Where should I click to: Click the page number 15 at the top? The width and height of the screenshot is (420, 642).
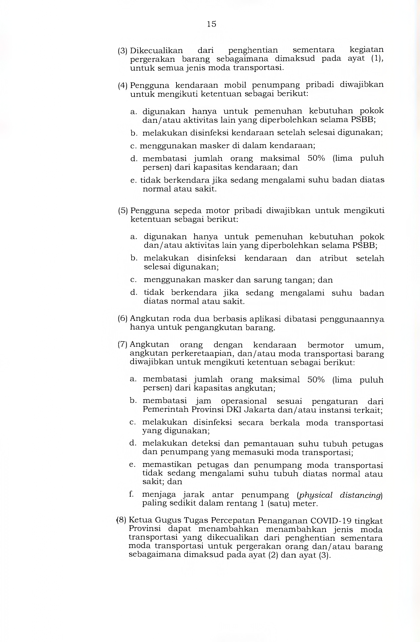pyautogui.click(x=212, y=24)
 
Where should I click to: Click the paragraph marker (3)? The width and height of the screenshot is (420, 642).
pyautogui.click(x=123, y=51)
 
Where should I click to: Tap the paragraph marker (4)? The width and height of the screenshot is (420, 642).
pyautogui.click(x=123, y=86)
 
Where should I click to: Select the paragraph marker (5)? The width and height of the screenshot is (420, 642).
pyautogui.click(x=123, y=211)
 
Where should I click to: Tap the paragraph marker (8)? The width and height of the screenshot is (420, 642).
pyautogui.click(x=121, y=520)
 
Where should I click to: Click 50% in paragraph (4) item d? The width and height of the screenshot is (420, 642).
pyautogui.click(x=316, y=158)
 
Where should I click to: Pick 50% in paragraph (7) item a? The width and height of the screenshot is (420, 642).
pyautogui.click(x=316, y=380)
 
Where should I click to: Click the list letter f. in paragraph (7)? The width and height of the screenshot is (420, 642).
pyautogui.click(x=132, y=495)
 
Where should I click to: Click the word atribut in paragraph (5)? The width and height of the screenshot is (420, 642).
pyautogui.click(x=333, y=258)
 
